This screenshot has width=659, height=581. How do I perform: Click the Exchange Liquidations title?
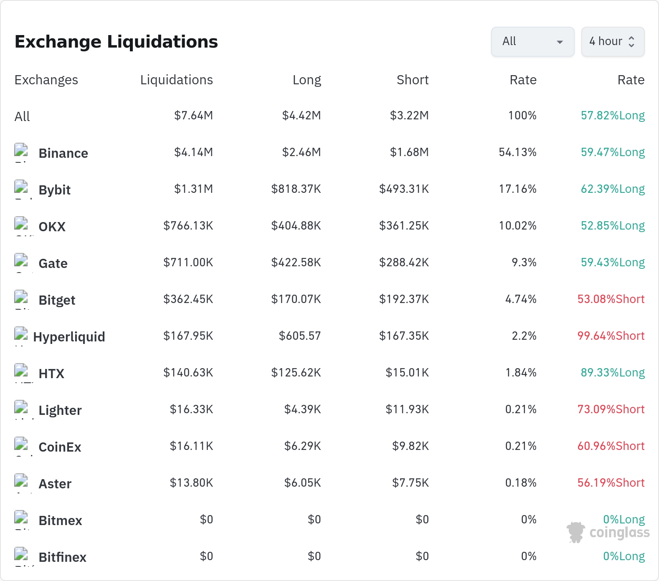116,42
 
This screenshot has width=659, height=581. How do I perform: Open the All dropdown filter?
532,42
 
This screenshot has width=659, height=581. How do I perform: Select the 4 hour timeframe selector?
613,42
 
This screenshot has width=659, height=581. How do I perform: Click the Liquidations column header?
176,80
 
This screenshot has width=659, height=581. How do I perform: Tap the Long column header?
307,80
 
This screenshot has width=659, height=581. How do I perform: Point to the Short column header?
413,80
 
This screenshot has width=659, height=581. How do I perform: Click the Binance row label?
63,153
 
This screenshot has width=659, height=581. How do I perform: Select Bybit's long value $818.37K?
296,189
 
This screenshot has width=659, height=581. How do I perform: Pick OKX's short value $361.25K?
404,226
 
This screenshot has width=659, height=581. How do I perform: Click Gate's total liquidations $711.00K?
188,263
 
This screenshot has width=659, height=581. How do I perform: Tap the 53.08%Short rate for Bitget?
611,299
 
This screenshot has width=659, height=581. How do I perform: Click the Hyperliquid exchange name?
69,337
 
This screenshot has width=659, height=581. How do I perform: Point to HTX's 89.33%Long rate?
613,373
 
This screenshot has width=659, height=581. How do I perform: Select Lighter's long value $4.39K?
302,409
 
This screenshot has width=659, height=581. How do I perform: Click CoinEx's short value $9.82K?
410,446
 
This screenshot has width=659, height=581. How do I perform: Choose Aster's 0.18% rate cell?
521,483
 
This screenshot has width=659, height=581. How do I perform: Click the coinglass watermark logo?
608,532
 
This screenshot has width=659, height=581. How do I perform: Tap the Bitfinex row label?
62,557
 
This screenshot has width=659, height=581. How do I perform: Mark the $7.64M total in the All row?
193,116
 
